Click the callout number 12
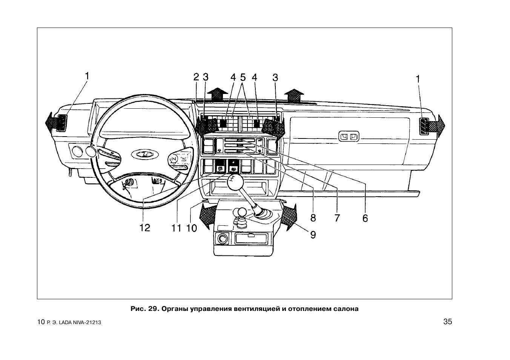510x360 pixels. [145, 228]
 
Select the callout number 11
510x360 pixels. [176, 228]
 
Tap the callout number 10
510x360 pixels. [192, 228]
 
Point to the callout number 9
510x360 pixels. [313, 235]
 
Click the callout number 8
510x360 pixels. [313, 218]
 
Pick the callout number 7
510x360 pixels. [337, 218]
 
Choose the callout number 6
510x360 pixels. [365, 218]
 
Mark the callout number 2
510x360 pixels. [196, 77]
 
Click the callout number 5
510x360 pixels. [243, 77]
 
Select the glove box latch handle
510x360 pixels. [349, 137]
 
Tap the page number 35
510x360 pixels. [447, 322]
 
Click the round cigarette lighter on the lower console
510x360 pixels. [221, 239]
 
